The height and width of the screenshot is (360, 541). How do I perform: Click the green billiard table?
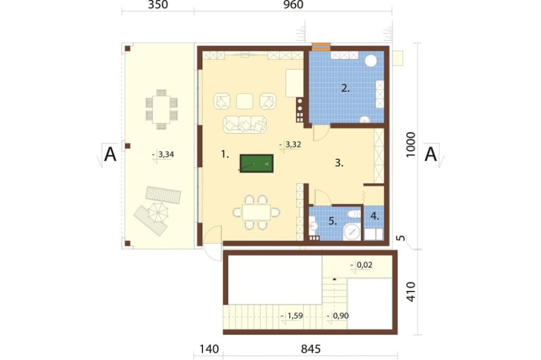(x=256, y=163)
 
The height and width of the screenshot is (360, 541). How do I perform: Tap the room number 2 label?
(x=345, y=88)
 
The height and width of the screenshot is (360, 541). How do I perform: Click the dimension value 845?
(x=311, y=349)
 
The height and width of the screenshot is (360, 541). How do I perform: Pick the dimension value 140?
(x=209, y=349)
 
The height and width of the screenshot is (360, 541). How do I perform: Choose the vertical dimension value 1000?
(x=411, y=145)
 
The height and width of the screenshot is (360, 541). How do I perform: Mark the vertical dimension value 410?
(x=411, y=292)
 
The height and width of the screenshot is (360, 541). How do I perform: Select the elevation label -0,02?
(x=361, y=265)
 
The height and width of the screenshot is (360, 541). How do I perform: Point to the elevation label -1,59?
(x=292, y=316)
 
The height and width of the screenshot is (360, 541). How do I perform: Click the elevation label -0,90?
(x=338, y=316)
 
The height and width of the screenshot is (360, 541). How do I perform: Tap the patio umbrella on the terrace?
(x=157, y=212)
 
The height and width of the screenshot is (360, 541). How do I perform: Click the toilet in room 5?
(x=354, y=215)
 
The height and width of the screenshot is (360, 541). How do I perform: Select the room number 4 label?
(x=375, y=217)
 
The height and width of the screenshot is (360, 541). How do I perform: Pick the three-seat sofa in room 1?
(x=245, y=124)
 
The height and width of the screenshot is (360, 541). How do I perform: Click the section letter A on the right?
(x=431, y=154)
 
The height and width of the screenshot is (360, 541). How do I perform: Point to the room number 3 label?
(x=339, y=163)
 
